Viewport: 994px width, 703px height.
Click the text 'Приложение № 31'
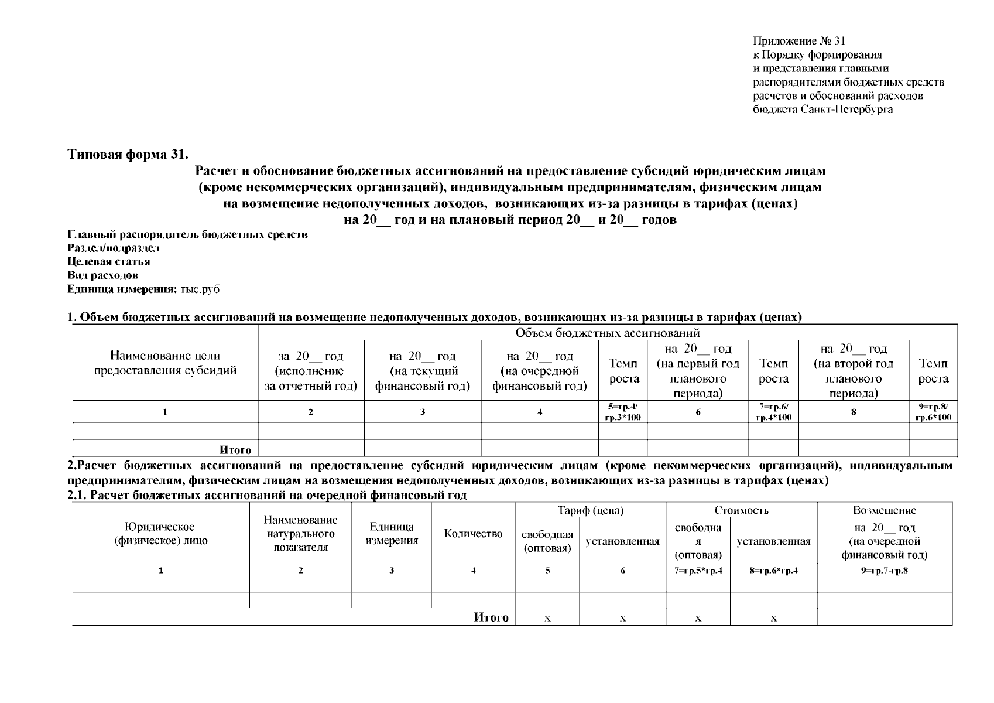(x=799, y=41)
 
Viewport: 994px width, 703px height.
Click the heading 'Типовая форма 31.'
(x=128, y=155)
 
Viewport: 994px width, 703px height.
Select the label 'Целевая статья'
(x=109, y=262)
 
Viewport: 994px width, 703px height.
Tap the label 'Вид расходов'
(x=103, y=275)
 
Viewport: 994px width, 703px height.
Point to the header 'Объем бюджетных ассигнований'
(x=607, y=333)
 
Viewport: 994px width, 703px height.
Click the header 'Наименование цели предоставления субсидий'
(x=166, y=363)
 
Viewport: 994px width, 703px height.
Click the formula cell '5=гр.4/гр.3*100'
(x=623, y=412)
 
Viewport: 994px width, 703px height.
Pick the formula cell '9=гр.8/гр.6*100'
(x=933, y=412)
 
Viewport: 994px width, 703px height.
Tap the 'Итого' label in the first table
(x=235, y=450)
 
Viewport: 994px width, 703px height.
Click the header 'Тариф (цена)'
(x=590, y=510)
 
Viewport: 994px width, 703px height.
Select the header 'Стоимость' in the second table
(x=741, y=510)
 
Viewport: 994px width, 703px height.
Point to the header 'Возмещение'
(x=884, y=510)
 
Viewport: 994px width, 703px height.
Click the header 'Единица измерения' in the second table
(x=392, y=534)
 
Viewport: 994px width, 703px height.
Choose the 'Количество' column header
(x=473, y=534)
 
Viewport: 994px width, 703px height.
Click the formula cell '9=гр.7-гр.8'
(x=884, y=571)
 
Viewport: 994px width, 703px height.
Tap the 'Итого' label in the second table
(x=491, y=617)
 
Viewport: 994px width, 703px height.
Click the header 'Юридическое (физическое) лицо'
(x=161, y=534)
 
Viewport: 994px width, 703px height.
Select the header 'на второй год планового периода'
(x=854, y=371)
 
